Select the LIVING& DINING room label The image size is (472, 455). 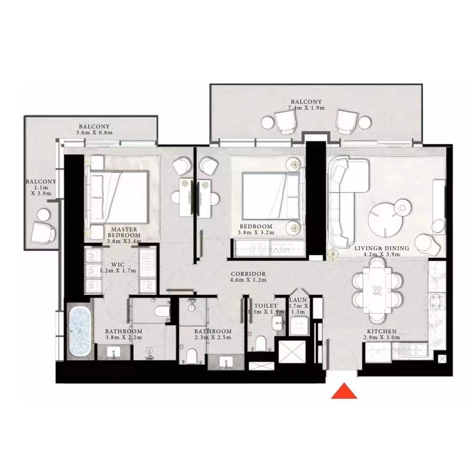(382, 248)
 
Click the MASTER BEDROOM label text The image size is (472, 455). (124, 232)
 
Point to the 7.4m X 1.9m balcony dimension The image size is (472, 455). (306, 108)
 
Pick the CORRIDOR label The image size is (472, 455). (248, 274)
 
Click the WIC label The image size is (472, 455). (118, 265)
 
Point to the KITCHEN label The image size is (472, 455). (382, 331)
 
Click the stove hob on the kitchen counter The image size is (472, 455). (437, 301)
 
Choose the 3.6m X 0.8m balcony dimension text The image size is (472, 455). (94, 133)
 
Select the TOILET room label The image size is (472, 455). (266, 306)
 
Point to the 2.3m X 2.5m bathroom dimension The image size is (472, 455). (213, 337)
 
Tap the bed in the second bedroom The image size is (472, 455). (271, 196)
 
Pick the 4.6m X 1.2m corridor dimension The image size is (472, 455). (248, 280)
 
